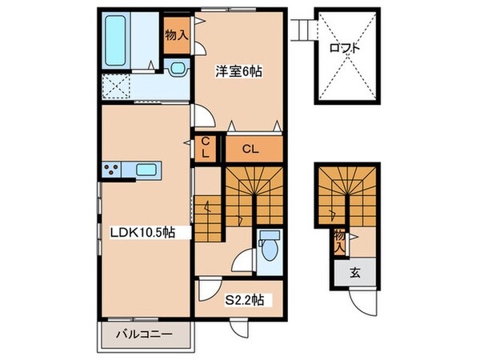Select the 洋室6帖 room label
238,70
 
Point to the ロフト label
345,48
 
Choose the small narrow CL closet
206,148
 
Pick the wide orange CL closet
250,148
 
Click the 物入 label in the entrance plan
339,240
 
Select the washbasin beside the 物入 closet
177,69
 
